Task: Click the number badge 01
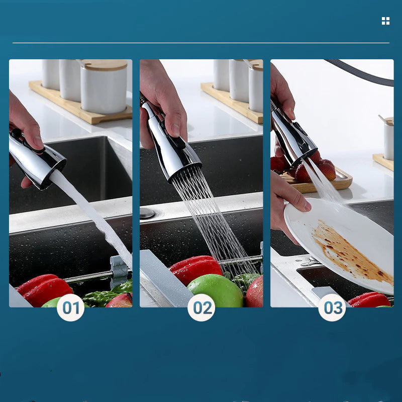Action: tap(70, 308)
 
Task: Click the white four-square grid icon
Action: tap(385, 21)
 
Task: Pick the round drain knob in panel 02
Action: tap(147, 213)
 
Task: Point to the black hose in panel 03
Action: tap(362, 73)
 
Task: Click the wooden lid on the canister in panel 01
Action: tap(105, 65)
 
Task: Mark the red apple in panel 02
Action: tap(255, 292)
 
